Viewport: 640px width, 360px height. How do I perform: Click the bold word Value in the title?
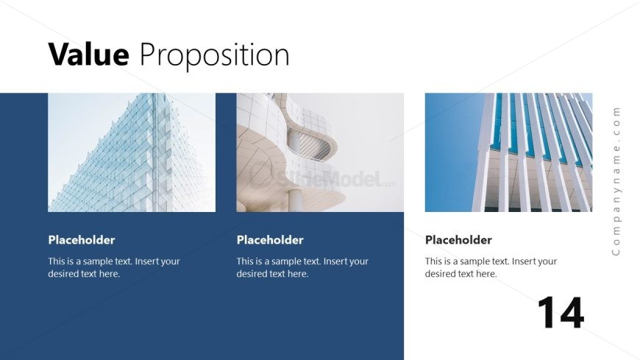(x=88, y=54)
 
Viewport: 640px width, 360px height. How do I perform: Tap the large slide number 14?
(x=561, y=313)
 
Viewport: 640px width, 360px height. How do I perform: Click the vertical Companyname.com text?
(x=616, y=181)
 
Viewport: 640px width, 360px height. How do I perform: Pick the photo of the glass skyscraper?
(x=132, y=152)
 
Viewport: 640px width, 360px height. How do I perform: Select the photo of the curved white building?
(x=320, y=152)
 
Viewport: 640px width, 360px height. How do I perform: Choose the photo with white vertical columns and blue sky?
(x=508, y=152)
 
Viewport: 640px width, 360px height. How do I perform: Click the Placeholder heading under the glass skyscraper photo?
(x=82, y=240)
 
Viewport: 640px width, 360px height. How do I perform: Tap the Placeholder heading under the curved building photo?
(x=270, y=240)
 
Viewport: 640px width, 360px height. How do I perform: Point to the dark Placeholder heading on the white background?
(x=458, y=240)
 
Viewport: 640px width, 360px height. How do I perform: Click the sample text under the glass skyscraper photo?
(x=114, y=267)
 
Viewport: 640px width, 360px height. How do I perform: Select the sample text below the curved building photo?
(x=302, y=267)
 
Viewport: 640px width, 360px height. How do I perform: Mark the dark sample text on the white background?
(x=491, y=267)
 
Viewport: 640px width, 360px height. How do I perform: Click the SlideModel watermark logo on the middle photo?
(x=322, y=177)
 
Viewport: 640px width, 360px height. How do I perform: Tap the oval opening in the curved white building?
(x=316, y=146)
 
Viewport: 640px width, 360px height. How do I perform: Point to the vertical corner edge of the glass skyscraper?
(x=154, y=152)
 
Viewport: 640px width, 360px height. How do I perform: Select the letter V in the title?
(x=59, y=54)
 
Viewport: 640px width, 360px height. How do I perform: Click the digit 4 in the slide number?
(x=570, y=313)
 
